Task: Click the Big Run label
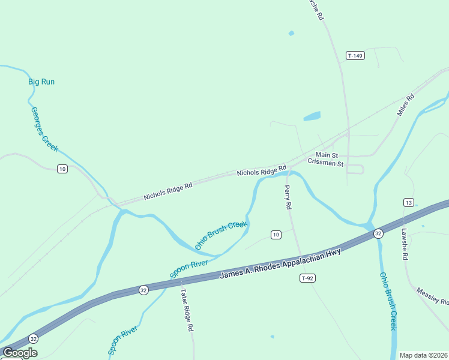point(41,82)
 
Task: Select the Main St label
point(327,155)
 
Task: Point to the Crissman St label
point(325,163)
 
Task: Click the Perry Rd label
point(288,197)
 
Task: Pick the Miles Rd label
point(406,105)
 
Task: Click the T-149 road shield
point(355,56)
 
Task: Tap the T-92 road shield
point(307,278)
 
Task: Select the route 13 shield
point(409,202)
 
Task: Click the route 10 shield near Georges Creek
point(62,169)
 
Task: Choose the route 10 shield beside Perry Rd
point(276,234)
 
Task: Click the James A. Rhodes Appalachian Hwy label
point(280,263)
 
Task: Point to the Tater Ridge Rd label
point(186,310)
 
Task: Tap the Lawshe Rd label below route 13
point(405,244)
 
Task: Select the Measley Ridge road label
point(432,296)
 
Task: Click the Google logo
point(19,353)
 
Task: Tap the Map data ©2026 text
point(423,355)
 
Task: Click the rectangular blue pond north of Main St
point(312,116)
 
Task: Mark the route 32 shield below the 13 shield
point(378,233)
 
